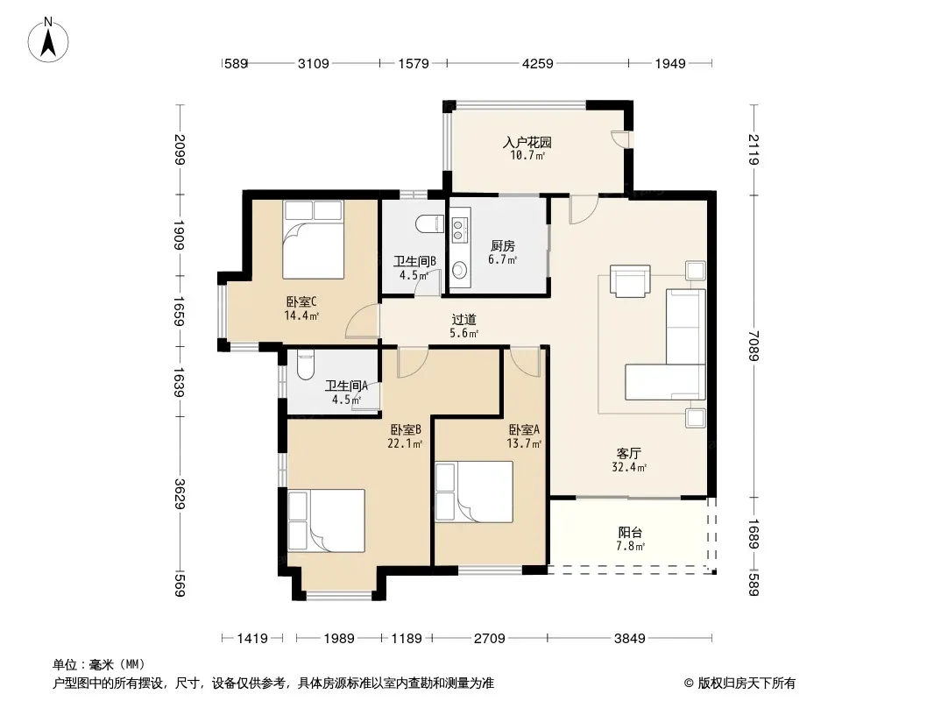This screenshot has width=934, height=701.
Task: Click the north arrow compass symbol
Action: click(48, 40)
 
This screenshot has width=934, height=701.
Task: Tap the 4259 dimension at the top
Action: click(537, 63)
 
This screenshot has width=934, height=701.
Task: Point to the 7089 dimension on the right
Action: click(754, 345)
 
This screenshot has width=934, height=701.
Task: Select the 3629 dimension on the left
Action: click(180, 493)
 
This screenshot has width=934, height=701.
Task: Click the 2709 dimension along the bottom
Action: click(489, 639)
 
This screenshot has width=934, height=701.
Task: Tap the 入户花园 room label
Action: click(527, 142)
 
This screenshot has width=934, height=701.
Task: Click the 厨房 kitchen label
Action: click(503, 245)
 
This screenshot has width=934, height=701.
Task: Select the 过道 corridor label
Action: click(463, 320)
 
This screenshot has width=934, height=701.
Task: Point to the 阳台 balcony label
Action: click(630, 532)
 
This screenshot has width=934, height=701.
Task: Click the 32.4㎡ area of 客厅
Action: click(629, 468)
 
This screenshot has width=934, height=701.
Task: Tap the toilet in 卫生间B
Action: click(429, 224)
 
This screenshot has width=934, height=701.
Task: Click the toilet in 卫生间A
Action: click(304, 365)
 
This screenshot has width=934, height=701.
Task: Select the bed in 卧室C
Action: click(314, 239)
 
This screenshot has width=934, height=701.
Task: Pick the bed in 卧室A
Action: click(474, 492)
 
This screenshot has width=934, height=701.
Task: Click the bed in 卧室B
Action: click(327, 520)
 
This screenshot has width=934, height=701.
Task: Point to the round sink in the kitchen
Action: click(459, 270)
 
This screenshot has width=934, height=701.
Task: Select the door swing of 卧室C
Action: click(363, 322)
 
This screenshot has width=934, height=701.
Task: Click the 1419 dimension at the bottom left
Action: click(252, 639)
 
